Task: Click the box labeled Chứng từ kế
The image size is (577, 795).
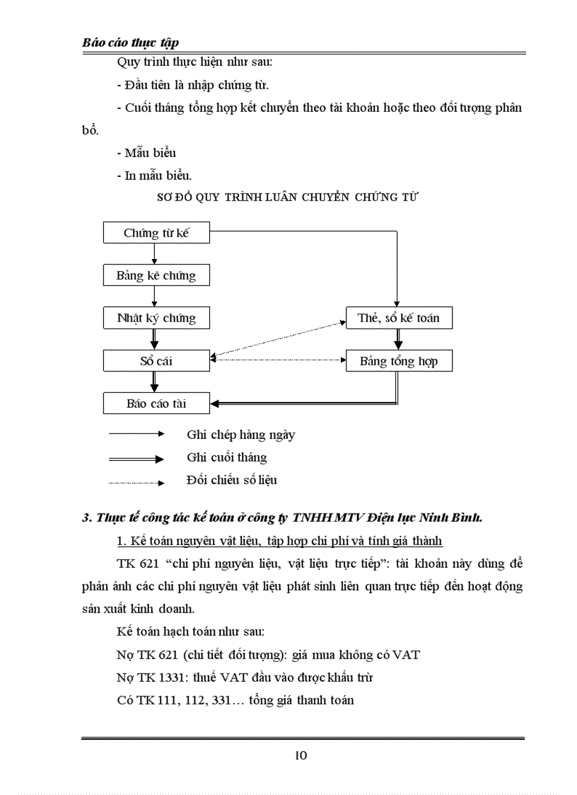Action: (156, 232)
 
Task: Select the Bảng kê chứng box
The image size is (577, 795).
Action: (156, 275)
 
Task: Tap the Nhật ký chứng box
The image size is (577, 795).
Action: (156, 318)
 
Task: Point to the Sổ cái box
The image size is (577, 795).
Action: (156, 361)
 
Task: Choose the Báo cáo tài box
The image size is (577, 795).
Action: (156, 404)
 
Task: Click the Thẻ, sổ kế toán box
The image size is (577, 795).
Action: (399, 318)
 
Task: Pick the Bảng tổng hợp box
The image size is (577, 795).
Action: (399, 361)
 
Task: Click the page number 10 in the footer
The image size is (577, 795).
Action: (301, 755)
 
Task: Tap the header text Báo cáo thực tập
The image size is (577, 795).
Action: (130, 42)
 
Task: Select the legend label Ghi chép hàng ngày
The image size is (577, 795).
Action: (240, 435)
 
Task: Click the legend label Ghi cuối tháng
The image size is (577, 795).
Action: (227, 457)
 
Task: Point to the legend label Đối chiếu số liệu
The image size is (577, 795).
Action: (232, 480)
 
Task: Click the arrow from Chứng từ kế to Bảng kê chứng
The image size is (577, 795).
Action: (155, 253)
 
